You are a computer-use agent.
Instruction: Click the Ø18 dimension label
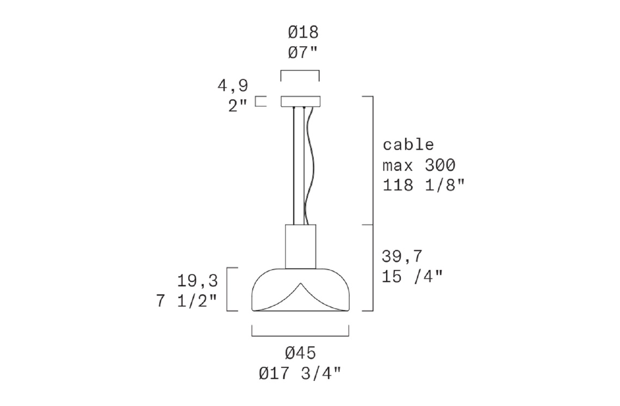tap(303, 33)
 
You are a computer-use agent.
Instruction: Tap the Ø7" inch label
tap(303, 53)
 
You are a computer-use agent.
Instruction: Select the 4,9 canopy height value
tap(233, 86)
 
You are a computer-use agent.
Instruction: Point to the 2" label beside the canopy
tap(238, 106)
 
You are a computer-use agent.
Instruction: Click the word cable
tap(408, 144)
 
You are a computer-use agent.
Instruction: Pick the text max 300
tap(419, 165)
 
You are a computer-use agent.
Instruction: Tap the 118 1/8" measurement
tap(424, 185)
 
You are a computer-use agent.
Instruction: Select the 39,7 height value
tap(402, 257)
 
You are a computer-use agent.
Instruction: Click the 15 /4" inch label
tap(412, 276)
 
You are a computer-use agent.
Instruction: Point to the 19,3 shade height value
tap(197, 281)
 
